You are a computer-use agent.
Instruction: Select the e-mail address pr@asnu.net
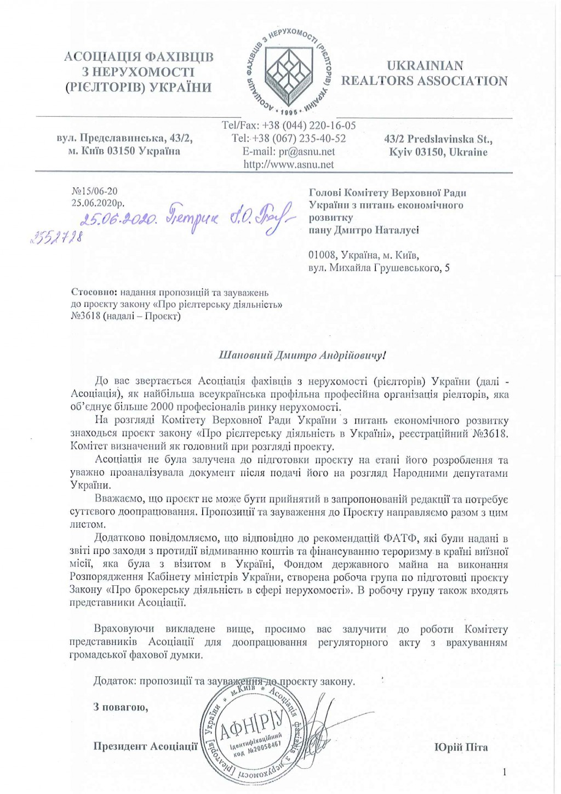289,152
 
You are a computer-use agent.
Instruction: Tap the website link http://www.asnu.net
289,164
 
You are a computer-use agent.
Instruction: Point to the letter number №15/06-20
94,191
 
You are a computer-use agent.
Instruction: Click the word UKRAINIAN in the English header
425,66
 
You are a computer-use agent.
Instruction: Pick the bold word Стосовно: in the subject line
91,292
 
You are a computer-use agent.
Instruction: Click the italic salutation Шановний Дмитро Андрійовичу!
302,355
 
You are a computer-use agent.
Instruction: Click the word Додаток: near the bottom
115,682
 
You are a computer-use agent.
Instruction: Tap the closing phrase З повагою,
121,707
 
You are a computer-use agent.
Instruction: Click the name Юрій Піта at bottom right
461,747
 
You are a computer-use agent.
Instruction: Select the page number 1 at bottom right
505,772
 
